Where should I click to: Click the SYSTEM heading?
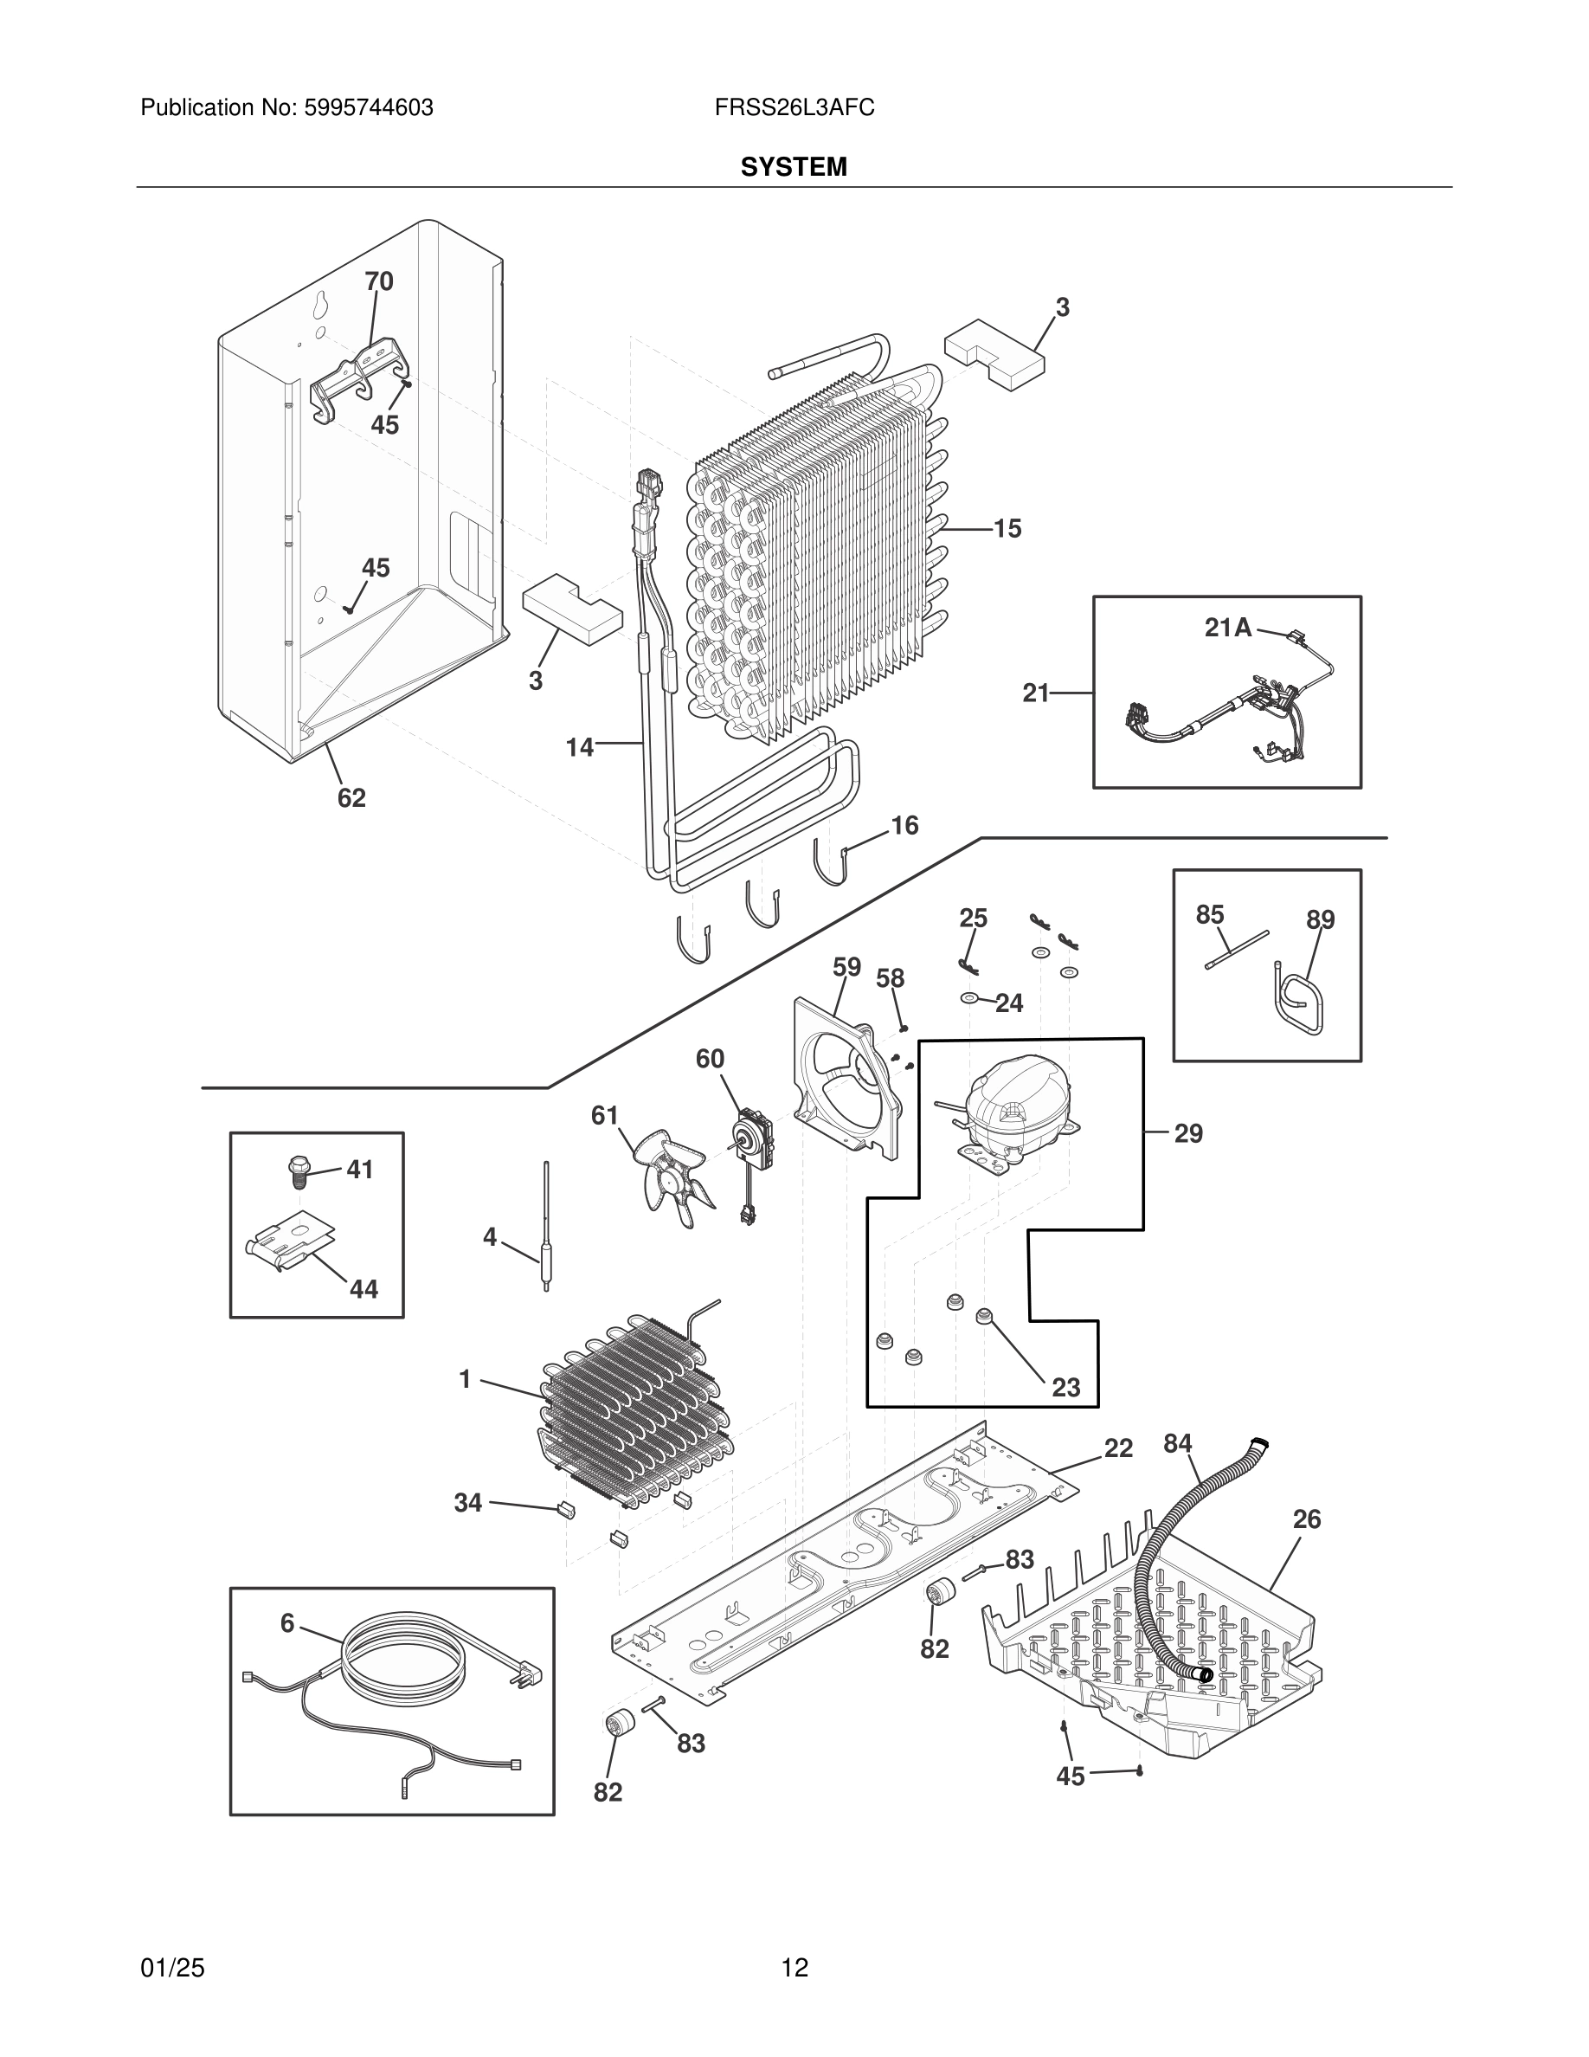coord(793,167)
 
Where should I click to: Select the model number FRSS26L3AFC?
coord(794,108)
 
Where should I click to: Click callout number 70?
coord(378,281)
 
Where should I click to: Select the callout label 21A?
coord(1227,628)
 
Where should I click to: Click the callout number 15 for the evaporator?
coord(1007,529)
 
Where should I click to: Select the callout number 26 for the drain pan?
coord(1307,1519)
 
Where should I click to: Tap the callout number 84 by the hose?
coord(1178,1444)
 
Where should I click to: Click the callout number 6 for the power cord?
coord(287,1622)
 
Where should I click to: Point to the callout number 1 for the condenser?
coord(464,1380)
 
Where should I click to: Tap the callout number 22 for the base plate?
coord(1117,1448)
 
